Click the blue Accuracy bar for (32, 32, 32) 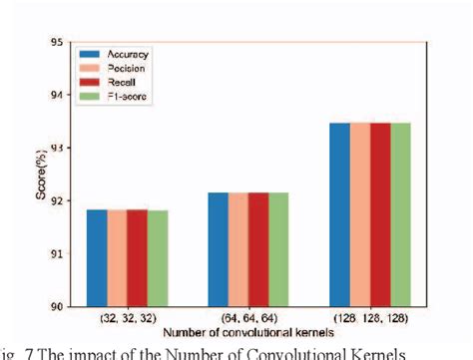coord(97,258)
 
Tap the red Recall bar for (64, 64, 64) coord(258,249)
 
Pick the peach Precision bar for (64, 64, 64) coord(238,249)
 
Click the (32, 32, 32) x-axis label coord(127,318)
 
